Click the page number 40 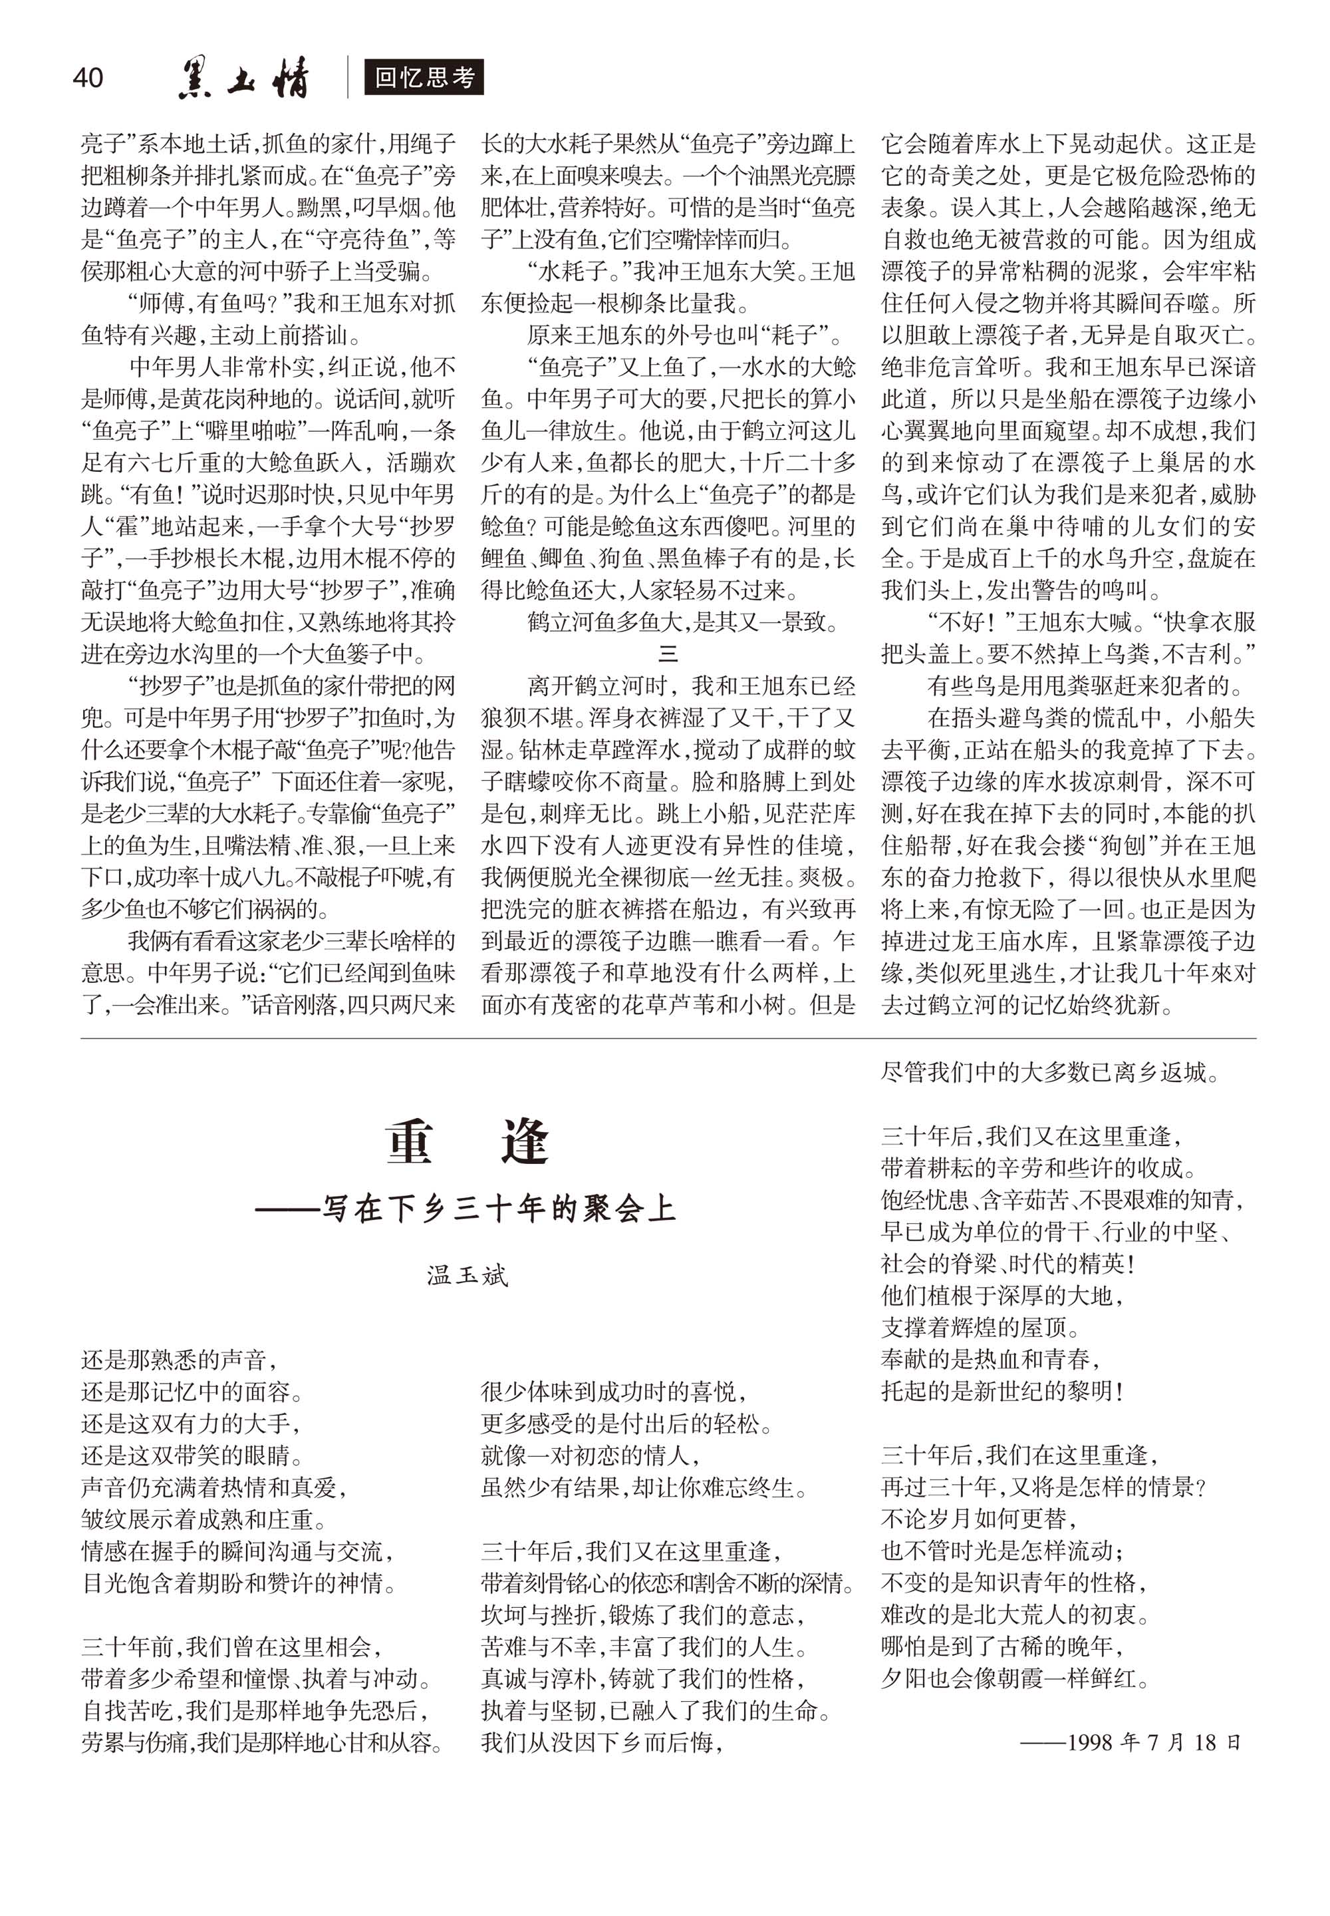point(88,78)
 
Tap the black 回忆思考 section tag point(424,78)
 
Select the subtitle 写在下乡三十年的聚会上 point(465,1207)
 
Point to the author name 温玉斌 point(467,1275)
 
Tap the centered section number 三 point(668,654)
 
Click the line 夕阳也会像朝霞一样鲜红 point(1015,1678)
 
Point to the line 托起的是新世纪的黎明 point(1003,1392)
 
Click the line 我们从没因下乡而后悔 point(602,1742)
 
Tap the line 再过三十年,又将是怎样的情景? point(1043,1487)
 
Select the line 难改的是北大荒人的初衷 point(1015,1615)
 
